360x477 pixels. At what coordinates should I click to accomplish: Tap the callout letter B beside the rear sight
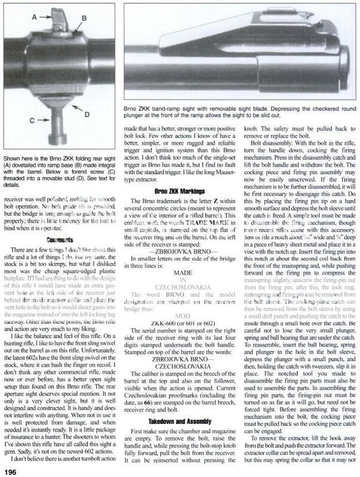(x=84, y=19)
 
